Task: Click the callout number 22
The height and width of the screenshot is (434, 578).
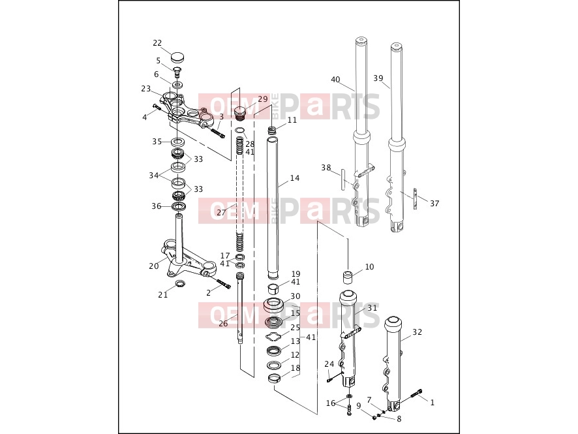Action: point(157,43)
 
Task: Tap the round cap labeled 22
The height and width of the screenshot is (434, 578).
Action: point(178,57)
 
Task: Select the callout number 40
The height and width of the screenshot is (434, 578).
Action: point(335,80)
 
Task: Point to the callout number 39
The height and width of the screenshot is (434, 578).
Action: point(378,78)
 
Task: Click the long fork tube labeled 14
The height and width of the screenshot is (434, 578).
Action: point(274,206)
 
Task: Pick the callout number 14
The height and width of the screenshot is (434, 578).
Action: point(295,178)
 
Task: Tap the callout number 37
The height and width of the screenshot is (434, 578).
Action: point(434,203)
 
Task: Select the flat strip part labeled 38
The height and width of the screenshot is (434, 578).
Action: point(342,179)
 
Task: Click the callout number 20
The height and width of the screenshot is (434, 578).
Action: point(154,266)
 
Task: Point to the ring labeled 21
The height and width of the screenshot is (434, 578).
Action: point(179,283)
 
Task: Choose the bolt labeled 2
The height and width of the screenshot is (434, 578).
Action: point(223,284)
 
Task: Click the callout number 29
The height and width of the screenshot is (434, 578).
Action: point(263,99)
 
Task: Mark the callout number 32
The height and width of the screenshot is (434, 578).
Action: point(418,332)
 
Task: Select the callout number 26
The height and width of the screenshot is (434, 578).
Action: point(223,324)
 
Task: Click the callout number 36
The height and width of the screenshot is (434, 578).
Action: point(157,206)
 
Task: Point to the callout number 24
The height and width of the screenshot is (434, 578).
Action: point(329,364)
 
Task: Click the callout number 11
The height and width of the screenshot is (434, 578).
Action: point(292,120)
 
